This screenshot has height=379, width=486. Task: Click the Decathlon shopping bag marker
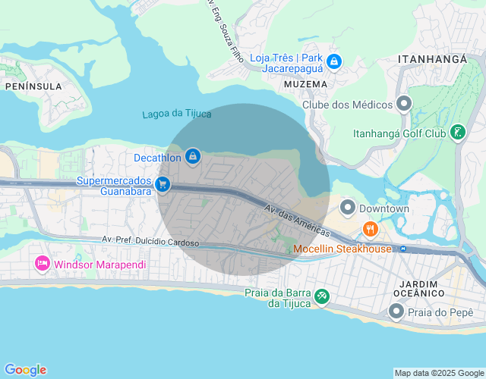193,156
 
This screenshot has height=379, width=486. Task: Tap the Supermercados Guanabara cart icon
162,184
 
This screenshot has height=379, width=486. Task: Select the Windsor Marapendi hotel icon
42,264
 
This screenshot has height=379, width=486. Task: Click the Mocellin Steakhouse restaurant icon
370,228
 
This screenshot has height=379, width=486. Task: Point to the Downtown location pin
348,206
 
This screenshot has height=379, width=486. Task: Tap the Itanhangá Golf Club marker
457,134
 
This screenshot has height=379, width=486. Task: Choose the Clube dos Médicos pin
404,103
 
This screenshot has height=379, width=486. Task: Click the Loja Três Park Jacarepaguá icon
335,61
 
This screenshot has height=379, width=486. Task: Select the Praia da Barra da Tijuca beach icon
321,296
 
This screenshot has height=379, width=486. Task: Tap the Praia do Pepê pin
396,311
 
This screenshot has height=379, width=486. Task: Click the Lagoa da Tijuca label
177,114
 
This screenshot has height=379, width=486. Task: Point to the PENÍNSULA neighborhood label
33,86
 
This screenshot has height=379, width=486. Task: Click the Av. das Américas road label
297,219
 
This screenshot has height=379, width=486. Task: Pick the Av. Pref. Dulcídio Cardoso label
150,240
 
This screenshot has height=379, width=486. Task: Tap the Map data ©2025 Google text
438,373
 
